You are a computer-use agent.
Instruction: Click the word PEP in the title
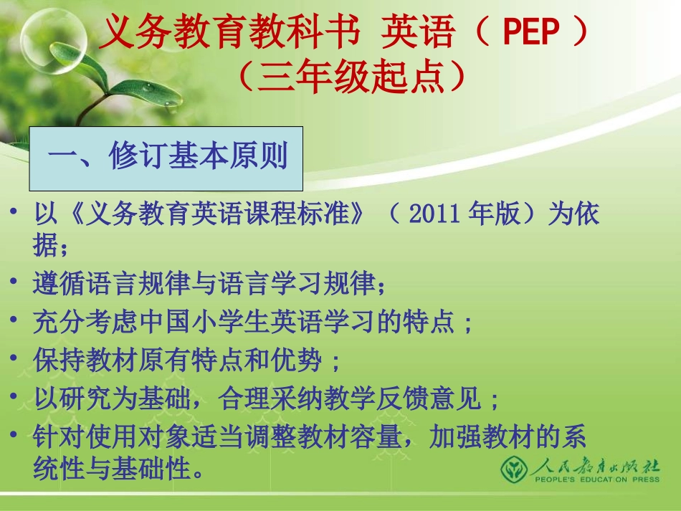coord(530,33)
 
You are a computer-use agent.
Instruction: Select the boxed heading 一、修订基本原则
coord(166,157)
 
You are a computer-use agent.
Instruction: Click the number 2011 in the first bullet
coord(435,214)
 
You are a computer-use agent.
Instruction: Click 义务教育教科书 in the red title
coord(229,33)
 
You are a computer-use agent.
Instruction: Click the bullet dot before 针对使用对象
coord(16,435)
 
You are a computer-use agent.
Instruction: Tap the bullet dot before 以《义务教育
coord(16,213)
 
